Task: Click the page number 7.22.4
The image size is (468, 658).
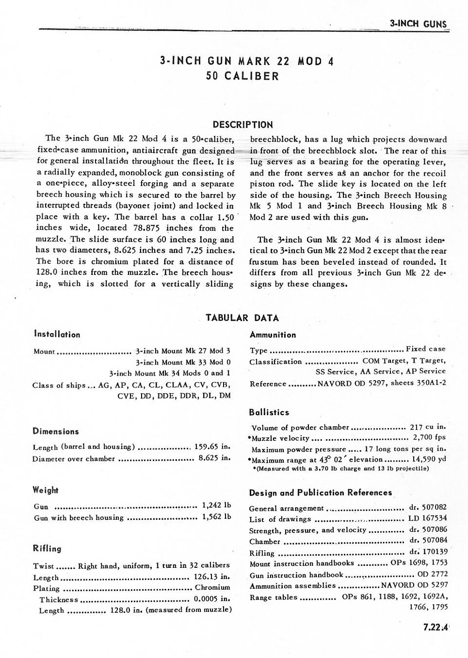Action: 435,627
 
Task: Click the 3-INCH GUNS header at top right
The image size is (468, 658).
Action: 418,24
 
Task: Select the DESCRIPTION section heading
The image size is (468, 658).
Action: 242,125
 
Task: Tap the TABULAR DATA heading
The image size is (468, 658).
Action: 242,318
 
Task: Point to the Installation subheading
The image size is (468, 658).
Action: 57,334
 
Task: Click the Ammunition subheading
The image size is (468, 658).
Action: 273,335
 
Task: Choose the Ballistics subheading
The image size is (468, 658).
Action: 269,412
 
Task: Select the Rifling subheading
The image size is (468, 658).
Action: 47,548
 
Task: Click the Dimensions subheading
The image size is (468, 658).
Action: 55,431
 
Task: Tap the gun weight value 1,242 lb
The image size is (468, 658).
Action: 216,505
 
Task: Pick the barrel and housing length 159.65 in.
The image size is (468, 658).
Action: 212,447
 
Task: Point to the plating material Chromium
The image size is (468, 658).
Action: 212,587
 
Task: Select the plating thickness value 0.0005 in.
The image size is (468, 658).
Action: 212,598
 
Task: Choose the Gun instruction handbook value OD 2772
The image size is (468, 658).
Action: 432,574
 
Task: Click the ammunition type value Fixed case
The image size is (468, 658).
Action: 425,349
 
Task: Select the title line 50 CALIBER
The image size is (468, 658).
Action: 242,76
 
